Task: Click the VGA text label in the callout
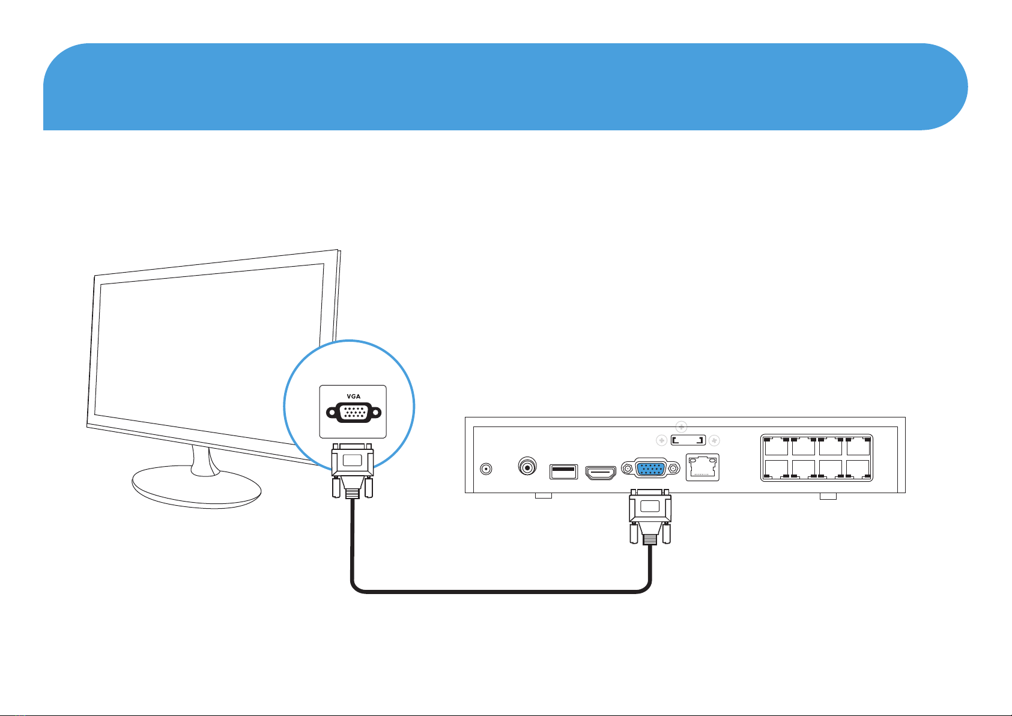tap(353, 397)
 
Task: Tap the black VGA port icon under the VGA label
tap(353, 413)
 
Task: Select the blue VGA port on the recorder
tap(649, 469)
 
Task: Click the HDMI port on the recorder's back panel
tap(601, 473)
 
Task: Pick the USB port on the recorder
tap(563, 472)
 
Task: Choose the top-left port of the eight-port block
tap(776, 447)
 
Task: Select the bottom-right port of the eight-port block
tap(858, 469)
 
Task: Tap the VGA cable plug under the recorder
tap(650, 517)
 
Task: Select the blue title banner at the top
tap(504, 86)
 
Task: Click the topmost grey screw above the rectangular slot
tap(681, 428)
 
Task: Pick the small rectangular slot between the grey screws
tap(687, 441)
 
